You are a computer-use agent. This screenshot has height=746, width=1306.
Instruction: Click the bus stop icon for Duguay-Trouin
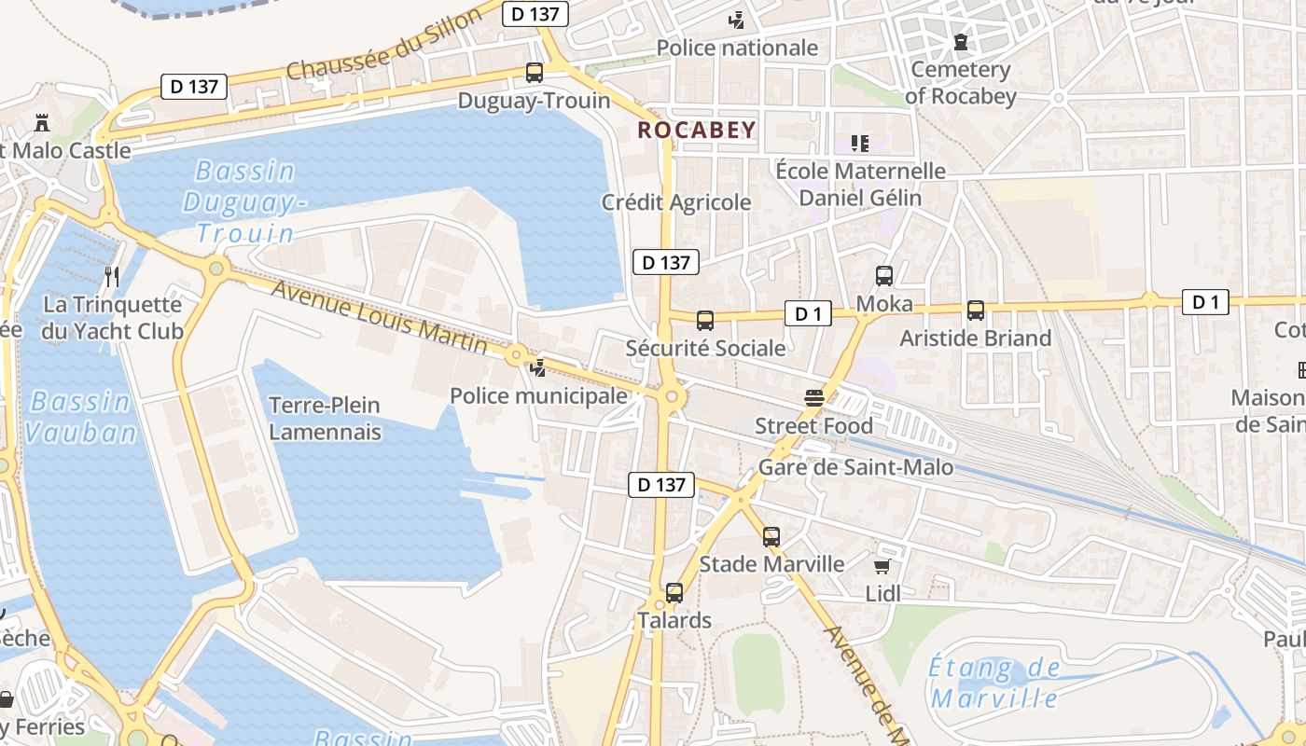(x=535, y=73)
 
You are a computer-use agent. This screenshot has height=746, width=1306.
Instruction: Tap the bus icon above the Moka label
(x=884, y=276)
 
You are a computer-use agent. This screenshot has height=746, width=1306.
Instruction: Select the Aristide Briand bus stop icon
(x=976, y=311)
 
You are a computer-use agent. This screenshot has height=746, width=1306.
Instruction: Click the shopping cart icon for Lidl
(x=882, y=566)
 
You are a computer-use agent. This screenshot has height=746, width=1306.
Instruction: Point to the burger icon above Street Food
(x=814, y=398)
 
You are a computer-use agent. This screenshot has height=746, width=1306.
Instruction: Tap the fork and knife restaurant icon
(x=112, y=277)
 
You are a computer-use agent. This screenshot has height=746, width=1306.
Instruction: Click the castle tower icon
(x=42, y=122)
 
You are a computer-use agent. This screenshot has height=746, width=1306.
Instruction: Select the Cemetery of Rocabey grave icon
(x=960, y=42)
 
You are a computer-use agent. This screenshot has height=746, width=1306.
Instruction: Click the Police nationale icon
(x=737, y=20)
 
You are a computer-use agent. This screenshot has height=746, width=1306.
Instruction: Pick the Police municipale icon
(x=538, y=368)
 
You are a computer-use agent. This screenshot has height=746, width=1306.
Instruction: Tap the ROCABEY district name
(x=697, y=130)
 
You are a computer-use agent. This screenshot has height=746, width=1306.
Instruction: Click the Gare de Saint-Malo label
(x=855, y=467)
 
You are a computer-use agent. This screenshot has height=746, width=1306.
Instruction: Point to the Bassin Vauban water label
(x=80, y=416)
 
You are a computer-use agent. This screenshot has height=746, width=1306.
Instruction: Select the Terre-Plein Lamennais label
(x=325, y=418)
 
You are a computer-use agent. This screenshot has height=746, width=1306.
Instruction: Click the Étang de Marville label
(x=994, y=683)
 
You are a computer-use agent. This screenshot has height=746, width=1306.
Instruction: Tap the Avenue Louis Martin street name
(x=379, y=315)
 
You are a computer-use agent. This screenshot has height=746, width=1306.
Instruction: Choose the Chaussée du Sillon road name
(x=385, y=44)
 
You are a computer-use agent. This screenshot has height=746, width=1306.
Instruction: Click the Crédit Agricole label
(x=675, y=202)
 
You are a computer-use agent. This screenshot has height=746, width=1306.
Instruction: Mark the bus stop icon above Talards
(x=674, y=593)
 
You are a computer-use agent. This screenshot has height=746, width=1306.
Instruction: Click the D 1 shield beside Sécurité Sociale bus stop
(x=808, y=313)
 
